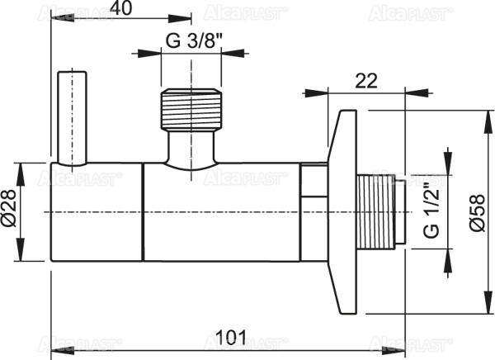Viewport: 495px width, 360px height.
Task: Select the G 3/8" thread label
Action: pos(192,40)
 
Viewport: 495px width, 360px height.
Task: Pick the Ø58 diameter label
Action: pos(477,211)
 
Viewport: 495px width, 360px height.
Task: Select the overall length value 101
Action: pos(228,336)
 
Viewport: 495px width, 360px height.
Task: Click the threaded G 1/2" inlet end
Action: pos(381,211)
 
